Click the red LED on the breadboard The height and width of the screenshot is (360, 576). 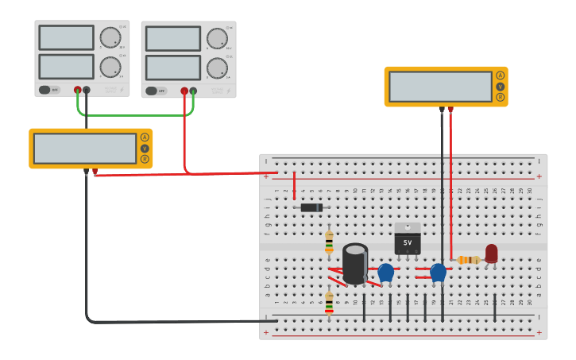pos(491,254)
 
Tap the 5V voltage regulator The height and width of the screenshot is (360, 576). pos(407,238)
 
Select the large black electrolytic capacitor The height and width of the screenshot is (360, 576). pos(355,263)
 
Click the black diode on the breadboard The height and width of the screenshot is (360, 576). pos(311,207)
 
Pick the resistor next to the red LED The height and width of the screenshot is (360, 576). pos(469,260)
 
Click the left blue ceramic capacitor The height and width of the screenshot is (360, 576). pos(386,273)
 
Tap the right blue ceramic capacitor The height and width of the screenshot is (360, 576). pos(438,273)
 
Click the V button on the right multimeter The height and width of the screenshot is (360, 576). pos(500,87)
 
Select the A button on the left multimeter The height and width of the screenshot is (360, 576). pos(145,137)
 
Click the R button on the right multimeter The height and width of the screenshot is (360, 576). pos(500,97)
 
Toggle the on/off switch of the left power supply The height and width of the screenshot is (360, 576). pos(48,90)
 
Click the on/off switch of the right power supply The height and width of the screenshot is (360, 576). pos(156,91)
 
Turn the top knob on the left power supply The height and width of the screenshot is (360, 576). pos(110,37)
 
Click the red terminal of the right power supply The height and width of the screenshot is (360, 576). pos(184,91)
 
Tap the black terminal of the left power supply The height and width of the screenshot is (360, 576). pos(87,90)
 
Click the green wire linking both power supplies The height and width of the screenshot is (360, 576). pos(135,115)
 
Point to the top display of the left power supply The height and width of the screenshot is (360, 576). pos(66,37)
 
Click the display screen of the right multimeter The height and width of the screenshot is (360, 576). pos(440,87)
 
